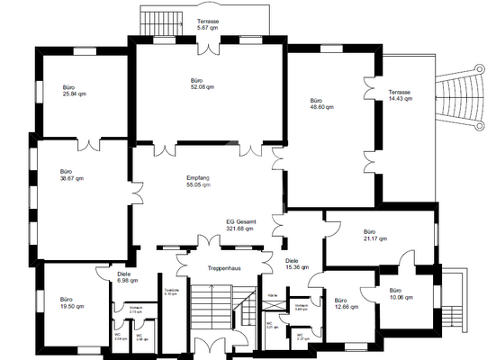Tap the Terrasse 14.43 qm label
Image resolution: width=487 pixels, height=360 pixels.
401,95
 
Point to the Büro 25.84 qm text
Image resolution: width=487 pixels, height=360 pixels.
75,90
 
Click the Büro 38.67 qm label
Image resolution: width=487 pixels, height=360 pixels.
72,175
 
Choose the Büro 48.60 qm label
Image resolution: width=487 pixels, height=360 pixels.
321,103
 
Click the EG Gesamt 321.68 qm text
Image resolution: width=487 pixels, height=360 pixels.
239,225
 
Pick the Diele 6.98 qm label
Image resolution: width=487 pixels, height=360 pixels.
129,278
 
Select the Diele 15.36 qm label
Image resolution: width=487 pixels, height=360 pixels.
297,263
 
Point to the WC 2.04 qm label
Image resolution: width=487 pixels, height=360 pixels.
120,337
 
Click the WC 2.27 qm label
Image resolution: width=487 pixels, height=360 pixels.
304,337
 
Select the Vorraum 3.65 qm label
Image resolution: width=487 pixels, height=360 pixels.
301,308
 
